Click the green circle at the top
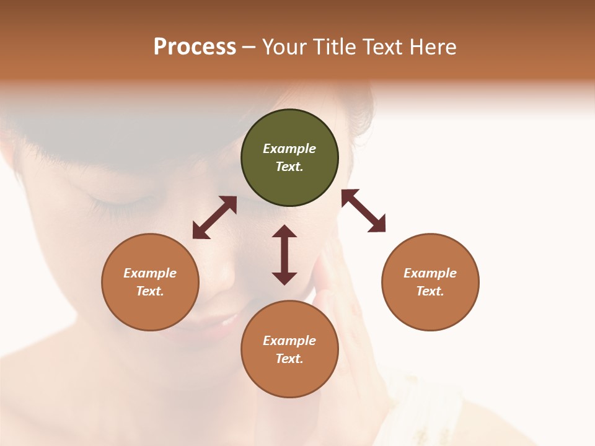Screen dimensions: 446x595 [289, 158]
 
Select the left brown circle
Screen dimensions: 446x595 [150, 282]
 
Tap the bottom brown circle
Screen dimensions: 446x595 [289, 349]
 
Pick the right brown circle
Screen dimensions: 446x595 [430, 282]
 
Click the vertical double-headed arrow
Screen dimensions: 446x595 [284, 255]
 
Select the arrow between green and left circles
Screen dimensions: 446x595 [214, 217]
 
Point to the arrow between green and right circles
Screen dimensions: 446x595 [364, 211]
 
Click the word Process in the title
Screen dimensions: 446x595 [195, 46]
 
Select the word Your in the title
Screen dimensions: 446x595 [284, 46]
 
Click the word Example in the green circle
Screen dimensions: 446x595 [289, 149]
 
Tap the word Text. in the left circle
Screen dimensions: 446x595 [150, 291]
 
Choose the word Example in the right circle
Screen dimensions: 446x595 [430, 273]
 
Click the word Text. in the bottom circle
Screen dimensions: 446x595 [289, 359]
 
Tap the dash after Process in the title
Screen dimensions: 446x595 [249, 47]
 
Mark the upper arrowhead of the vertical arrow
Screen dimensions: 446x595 [284, 232]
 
